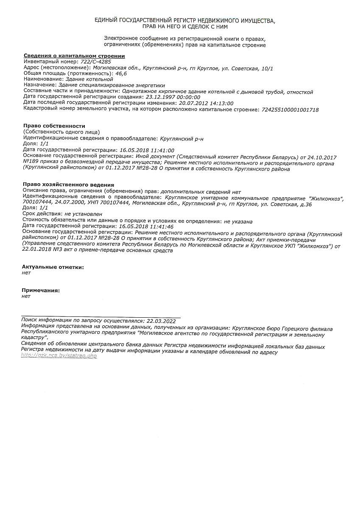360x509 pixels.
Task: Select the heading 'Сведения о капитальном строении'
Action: [74, 56]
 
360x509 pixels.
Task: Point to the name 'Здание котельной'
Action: [89, 79]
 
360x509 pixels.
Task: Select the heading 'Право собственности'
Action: [54, 126]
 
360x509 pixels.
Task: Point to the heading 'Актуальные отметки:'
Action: [53, 267]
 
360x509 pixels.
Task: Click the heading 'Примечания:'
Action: [41, 291]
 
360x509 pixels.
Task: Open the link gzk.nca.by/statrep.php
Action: [59, 356]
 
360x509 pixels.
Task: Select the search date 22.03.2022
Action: [160, 321]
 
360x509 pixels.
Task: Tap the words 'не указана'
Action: [238, 221]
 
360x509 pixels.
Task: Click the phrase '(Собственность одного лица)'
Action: [62, 132]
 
